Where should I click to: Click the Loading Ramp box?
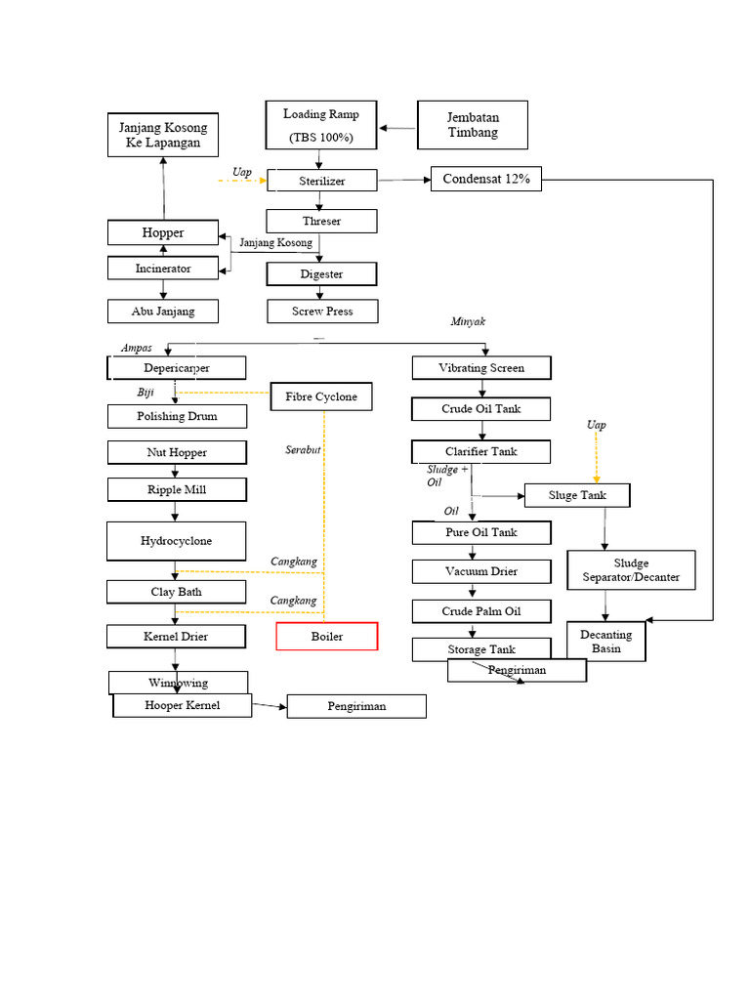[321, 125]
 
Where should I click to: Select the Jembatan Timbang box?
[473, 125]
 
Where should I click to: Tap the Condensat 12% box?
[485, 179]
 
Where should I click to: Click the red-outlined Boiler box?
[326, 637]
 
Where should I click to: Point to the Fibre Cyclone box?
[321, 396]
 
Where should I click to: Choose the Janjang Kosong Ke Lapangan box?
[163, 135]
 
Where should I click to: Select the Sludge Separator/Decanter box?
[631, 570]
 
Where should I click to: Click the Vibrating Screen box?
[481, 368]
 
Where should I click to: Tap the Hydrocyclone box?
[176, 541]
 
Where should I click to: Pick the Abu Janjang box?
[163, 312]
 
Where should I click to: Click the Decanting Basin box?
[605, 642]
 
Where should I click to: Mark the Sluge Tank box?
[576, 495]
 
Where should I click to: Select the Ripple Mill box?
[177, 489]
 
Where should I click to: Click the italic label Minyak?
[468, 321]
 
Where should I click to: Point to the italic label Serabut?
[304, 450]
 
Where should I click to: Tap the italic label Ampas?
[136, 348]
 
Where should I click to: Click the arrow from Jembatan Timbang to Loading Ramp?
[398, 127]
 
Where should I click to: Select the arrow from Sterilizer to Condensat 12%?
[403, 180]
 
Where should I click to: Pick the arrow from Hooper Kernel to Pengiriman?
[269, 705]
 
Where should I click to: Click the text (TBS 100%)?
[321, 138]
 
